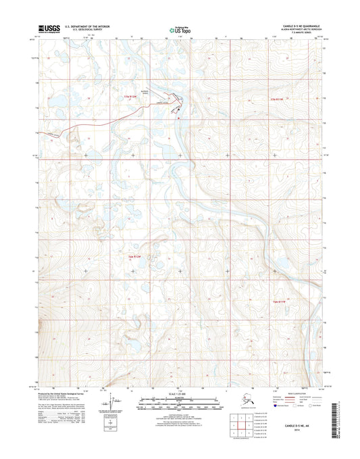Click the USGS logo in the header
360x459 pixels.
coord(49,28)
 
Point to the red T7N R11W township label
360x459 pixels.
coord(278,100)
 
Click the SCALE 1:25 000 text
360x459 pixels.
coord(180,393)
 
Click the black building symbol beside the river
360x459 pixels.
coord(179,112)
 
